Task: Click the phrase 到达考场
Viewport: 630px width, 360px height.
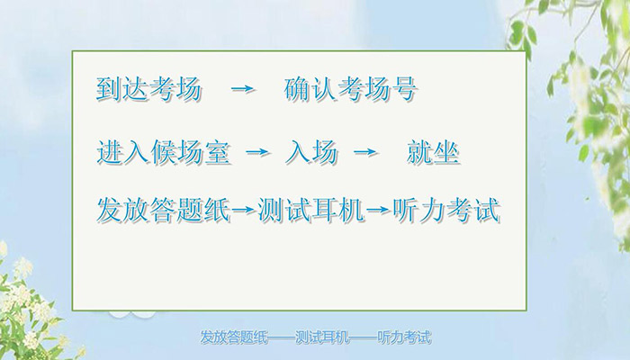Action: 148,91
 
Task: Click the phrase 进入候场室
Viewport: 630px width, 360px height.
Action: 163,152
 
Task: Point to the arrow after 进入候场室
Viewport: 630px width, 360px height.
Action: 257,153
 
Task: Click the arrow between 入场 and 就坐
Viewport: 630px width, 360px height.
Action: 364,153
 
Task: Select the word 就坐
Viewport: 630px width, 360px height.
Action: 433,152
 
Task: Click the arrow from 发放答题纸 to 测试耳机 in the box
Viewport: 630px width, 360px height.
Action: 244,211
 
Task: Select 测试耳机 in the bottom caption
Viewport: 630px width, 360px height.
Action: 322,339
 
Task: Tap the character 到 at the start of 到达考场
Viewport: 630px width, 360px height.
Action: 109,91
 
